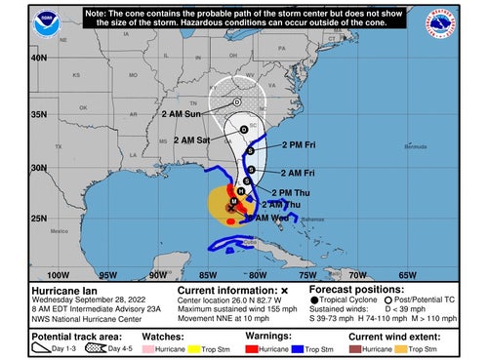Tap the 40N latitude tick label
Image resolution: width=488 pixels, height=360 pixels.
(x=39, y=57)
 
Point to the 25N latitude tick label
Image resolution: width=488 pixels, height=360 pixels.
(x=39, y=217)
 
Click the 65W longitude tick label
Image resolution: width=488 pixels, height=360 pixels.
(x=407, y=275)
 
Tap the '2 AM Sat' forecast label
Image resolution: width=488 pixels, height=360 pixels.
(x=191, y=140)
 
